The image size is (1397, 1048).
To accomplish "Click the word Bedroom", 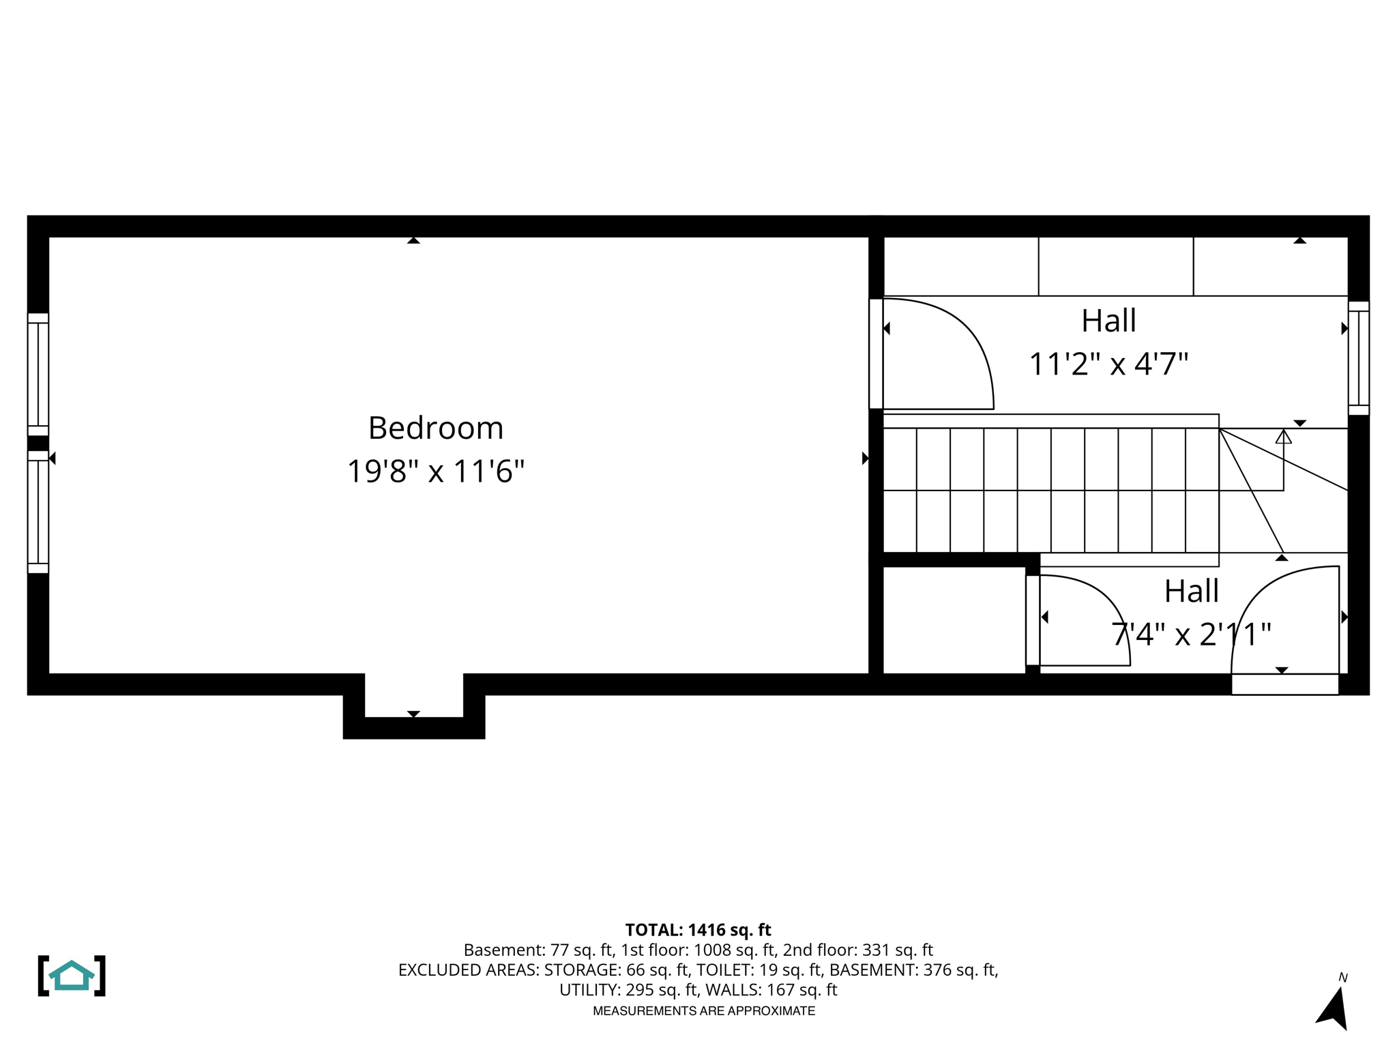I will pos(436,428).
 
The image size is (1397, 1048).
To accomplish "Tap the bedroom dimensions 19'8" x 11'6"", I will pos(436,471).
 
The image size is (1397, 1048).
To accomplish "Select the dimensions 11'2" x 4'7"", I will pos(1108,364).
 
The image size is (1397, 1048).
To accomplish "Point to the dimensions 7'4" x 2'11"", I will pos(1191,635).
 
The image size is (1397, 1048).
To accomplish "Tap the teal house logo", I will pos(72,976).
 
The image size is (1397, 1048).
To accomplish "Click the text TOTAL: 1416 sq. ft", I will pos(698,930).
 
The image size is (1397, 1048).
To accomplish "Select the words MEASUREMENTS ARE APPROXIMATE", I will pos(703,1011).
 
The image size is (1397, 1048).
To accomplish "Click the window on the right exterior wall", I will pos(1358,358).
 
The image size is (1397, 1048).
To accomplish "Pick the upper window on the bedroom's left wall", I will pos(38,375).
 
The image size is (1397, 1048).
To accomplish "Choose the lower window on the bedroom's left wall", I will pos(38,512).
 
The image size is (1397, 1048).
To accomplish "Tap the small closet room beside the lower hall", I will pos(954,620).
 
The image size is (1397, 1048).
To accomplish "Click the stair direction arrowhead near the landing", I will pos(1283,437).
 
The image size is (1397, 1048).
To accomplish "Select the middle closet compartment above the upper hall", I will pos(1115,266).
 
